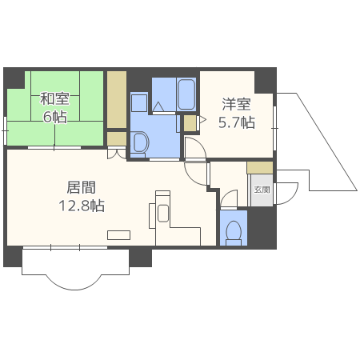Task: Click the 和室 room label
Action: [54, 99]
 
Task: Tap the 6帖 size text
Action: [55, 117]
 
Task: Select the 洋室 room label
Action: [236, 104]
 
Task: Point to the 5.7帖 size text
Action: [237, 122]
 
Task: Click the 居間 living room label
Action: [82, 187]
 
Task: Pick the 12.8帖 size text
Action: [82, 206]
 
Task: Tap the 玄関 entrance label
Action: [262, 190]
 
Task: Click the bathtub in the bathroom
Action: [186, 94]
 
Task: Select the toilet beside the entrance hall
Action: [234, 233]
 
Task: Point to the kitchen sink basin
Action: [163, 214]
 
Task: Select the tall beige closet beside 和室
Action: [117, 100]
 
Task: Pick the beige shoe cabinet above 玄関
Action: [260, 168]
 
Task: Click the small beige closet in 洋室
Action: [190, 123]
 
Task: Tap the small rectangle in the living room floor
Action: [118, 235]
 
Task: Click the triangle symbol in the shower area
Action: [158, 106]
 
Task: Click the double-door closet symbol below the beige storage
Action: [117, 154]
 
